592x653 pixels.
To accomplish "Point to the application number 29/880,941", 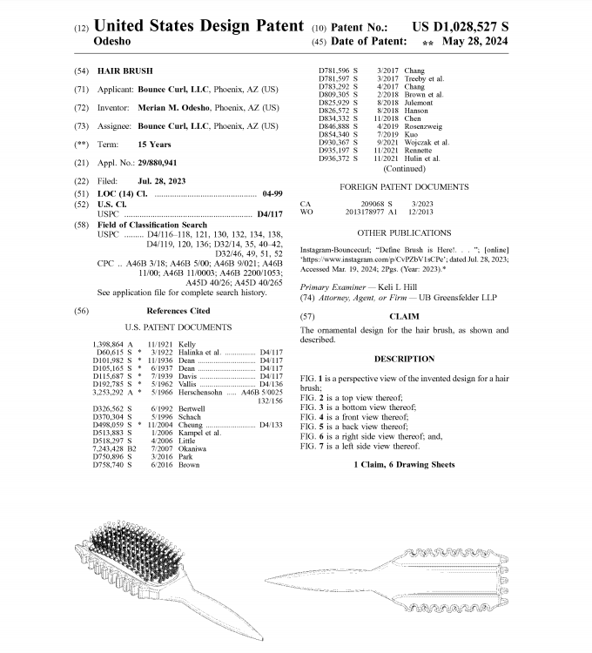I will click(162, 163).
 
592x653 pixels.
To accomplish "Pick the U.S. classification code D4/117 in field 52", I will click(268, 213).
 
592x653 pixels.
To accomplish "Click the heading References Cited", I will click(178, 310).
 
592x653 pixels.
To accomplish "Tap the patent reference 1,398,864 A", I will click(111, 345).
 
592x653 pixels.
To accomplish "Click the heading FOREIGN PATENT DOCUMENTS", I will click(406, 186).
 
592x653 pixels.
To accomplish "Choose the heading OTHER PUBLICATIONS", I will click(404, 233).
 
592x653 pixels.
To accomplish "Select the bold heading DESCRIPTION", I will click(404, 359).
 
